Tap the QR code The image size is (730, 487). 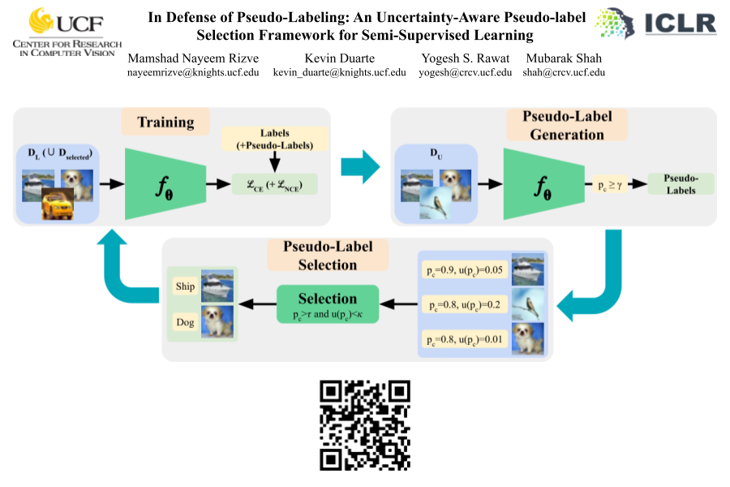tap(365, 425)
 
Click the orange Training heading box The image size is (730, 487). tap(165, 123)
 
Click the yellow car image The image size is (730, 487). tap(58, 204)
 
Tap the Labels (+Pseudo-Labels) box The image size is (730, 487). tap(274, 138)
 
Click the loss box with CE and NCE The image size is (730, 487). tap(274, 183)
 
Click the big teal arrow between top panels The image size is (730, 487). tap(360, 166)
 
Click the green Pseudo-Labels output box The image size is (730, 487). tap(681, 183)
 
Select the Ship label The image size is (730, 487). tap(186, 287)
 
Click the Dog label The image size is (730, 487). tap(186, 322)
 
